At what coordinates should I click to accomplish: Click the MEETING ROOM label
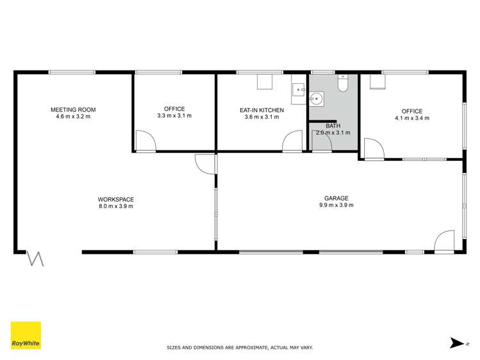pyautogui.click(x=73, y=110)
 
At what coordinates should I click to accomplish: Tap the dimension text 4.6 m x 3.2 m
pyautogui.click(x=73, y=117)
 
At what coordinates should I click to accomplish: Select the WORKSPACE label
pyautogui.click(x=115, y=199)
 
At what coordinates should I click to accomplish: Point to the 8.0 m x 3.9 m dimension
pyautogui.click(x=115, y=206)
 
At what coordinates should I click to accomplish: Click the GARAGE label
pyautogui.click(x=336, y=198)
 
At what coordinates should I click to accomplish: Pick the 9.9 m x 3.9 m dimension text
pyautogui.click(x=336, y=205)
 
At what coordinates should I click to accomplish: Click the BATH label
pyautogui.click(x=333, y=126)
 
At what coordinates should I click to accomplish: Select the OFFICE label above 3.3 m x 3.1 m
pyautogui.click(x=174, y=109)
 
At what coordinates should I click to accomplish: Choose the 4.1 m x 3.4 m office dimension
pyautogui.click(x=411, y=119)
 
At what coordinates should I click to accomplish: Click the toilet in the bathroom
pyautogui.click(x=343, y=84)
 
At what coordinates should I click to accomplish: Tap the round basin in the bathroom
pyautogui.click(x=316, y=98)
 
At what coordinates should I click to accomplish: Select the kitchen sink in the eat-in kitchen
pyautogui.click(x=299, y=92)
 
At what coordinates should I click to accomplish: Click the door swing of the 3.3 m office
pyautogui.click(x=145, y=141)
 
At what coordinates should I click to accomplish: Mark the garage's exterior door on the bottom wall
pyautogui.click(x=443, y=242)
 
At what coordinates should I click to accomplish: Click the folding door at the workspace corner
pyautogui.click(x=35, y=259)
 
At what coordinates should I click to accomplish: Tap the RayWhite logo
pyautogui.click(x=26, y=335)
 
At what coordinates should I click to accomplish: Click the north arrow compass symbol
pyautogui.click(x=458, y=343)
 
